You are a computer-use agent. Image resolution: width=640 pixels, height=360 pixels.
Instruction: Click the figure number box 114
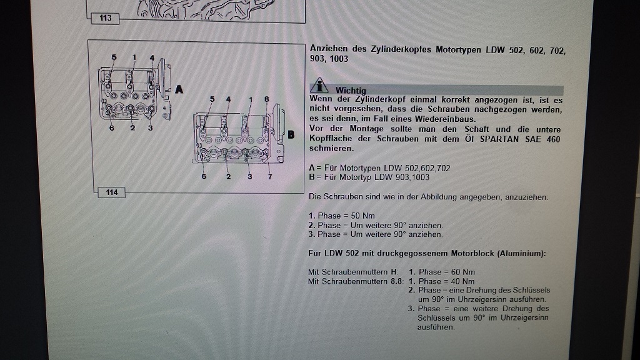[112, 192]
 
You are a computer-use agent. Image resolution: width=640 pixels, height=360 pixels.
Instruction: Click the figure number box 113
[105, 18]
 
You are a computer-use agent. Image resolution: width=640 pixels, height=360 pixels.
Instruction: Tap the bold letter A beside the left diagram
[179, 89]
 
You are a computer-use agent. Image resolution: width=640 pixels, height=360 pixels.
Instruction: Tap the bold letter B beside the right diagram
[291, 135]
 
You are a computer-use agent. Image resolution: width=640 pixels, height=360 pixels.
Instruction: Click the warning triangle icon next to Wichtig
[319, 85]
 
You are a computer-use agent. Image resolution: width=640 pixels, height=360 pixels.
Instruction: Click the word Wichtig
[351, 90]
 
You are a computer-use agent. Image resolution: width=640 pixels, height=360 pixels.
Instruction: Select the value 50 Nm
[363, 216]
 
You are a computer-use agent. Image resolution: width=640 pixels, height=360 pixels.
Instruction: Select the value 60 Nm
[463, 272]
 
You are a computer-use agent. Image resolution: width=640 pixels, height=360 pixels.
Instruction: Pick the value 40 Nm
[463, 282]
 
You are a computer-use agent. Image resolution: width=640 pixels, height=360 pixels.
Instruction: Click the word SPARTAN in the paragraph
[499, 139]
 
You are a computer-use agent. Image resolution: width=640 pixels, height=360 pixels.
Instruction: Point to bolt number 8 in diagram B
[266, 99]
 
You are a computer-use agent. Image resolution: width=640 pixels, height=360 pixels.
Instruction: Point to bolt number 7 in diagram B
[270, 177]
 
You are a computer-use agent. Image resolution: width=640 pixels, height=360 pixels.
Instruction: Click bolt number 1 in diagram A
[134, 58]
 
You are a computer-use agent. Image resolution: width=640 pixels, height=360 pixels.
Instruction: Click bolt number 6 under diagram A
[111, 128]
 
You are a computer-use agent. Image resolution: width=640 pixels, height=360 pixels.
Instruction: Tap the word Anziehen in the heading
[328, 49]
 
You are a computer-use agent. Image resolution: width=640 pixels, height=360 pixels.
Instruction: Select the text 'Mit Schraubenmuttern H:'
[353, 272]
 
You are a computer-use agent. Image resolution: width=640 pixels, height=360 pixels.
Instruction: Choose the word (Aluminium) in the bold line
[521, 254]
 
